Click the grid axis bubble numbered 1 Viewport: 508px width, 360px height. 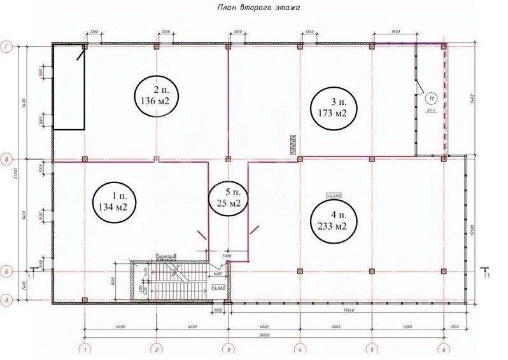84,349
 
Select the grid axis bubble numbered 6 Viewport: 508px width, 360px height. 444,349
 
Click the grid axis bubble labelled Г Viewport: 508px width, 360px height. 8,46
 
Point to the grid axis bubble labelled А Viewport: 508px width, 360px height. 8,299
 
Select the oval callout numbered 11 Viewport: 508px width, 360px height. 431,99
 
